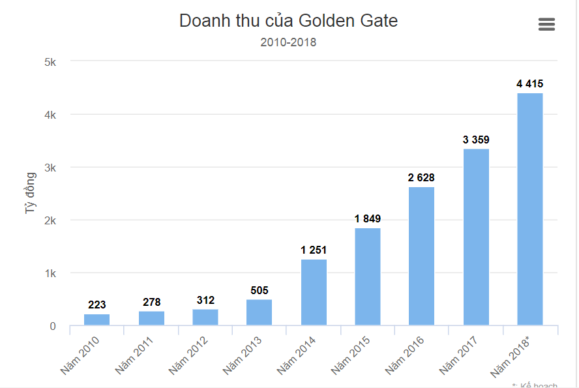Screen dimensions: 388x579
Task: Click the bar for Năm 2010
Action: pyautogui.click(x=96, y=320)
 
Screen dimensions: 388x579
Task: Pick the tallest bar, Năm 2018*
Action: pyautogui.click(x=529, y=209)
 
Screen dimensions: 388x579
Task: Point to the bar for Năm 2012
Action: pyautogui.click(x=205, y=317)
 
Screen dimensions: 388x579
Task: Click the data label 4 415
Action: pyautogui.click(x=529, y=83)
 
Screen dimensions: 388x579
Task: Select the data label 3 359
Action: pyautogui.click(x=475, y=140)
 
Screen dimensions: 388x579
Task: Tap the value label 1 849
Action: pyautogui.click(x=367, y=218)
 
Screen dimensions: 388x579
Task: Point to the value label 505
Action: pyautogui.click(x=259, y=290)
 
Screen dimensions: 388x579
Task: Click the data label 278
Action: pyautogui.click(x=151, y=302)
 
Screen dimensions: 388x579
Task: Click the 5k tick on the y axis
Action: pyautogui.click(x=50, y=62)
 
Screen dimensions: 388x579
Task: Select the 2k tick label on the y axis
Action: pyautogui.click(x=50, y=220)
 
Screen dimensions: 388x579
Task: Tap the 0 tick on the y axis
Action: pyautogui.click(x=53, y=326)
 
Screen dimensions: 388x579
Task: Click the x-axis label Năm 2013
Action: pyautogui.click(x=243, y=355)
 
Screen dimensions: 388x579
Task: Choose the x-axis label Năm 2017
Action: pyautogui.click(x=459, y=355)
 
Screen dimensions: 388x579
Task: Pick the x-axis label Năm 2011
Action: pyautogui.click(x=134, y=355)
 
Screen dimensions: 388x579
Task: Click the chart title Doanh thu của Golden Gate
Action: pyautogui.click(x=288, y=21)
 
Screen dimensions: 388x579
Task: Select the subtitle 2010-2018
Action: pyautogui.click(x=288, y=42)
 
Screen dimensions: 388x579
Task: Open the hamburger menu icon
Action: pyautogui.click(x=546, y=24)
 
